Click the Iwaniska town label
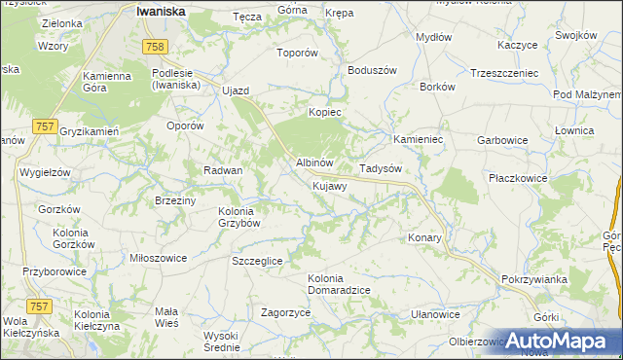[162, 11]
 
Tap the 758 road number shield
[154, 47]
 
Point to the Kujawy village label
[330, 185]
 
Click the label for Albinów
[314, 162]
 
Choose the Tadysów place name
[381, 168]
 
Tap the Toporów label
[298, 54]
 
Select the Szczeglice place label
[257, 261]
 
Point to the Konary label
[424, 237]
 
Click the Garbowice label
[502, 140]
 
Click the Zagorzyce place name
[285, 313]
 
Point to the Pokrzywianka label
[534, 279]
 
